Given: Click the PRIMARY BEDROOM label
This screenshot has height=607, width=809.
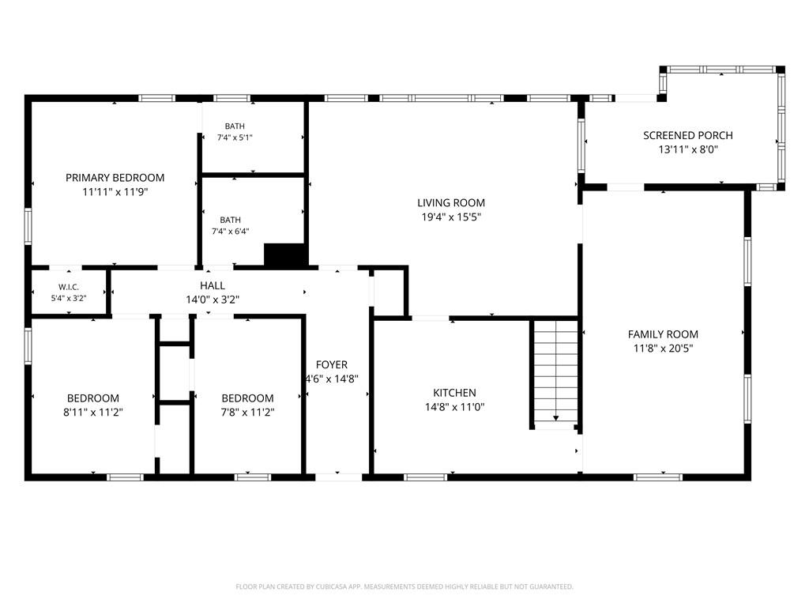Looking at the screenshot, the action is pyautogui.click(x=115, y=178).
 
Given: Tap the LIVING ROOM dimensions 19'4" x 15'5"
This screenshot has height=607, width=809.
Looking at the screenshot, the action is pyautogui.click(x=451, y=217).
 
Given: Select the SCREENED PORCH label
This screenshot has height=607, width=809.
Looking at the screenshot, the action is pyautogui.click(x=688, y=135).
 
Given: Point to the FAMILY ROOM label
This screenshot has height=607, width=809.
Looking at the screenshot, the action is pyautogui.click(x=663, y=334).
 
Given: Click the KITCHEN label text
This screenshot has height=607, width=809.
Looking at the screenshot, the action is pyautogui.click(x=454, y=392).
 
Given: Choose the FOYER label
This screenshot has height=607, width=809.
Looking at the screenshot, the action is pyautogui.click(x=332, y=364).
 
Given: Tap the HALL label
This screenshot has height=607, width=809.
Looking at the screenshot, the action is pyautogui.click(x=213, y=285).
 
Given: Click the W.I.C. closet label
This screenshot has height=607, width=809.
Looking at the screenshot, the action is pyautogui.click(x=69, y=287).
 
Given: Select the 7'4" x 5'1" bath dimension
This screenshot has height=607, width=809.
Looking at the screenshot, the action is pyautogui.click(x=235, y=138).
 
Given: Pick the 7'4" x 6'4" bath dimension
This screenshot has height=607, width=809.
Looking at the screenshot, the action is pyautogui.click(x=231, y=232).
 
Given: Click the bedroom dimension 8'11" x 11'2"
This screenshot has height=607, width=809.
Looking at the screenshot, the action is pyautogui.click(x=93, y=412).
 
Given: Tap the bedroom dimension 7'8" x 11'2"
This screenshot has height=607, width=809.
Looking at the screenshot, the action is pyautogui.click(x=247, y=412).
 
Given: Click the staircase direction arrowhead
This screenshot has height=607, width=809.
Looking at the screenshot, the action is pyautogui.click(x=556, y=418).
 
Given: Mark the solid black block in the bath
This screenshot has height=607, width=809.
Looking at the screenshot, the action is pyautogui.click(x=286, y=255).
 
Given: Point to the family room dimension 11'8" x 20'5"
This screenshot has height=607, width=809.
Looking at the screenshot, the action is pyautogui.click(x=663, y=348).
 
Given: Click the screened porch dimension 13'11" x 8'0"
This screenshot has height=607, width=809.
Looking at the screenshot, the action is pyautogui.click(x=688, y=149).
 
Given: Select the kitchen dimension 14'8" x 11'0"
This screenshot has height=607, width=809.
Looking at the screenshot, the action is pyautogui.click(x=454, y=407).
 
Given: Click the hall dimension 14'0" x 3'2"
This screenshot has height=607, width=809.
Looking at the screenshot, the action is pyautogui.click(x=213, y=300).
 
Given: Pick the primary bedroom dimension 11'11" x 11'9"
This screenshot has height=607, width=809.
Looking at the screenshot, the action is pyautogui.click(x=115, y=192).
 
